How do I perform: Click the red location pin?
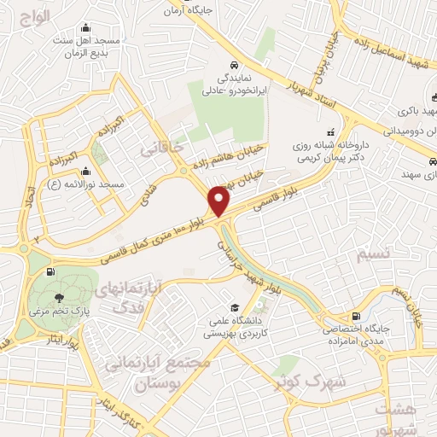tap(219, 201)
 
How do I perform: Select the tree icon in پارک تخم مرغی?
tap(58, 298)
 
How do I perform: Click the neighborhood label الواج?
tap(36, 17)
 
